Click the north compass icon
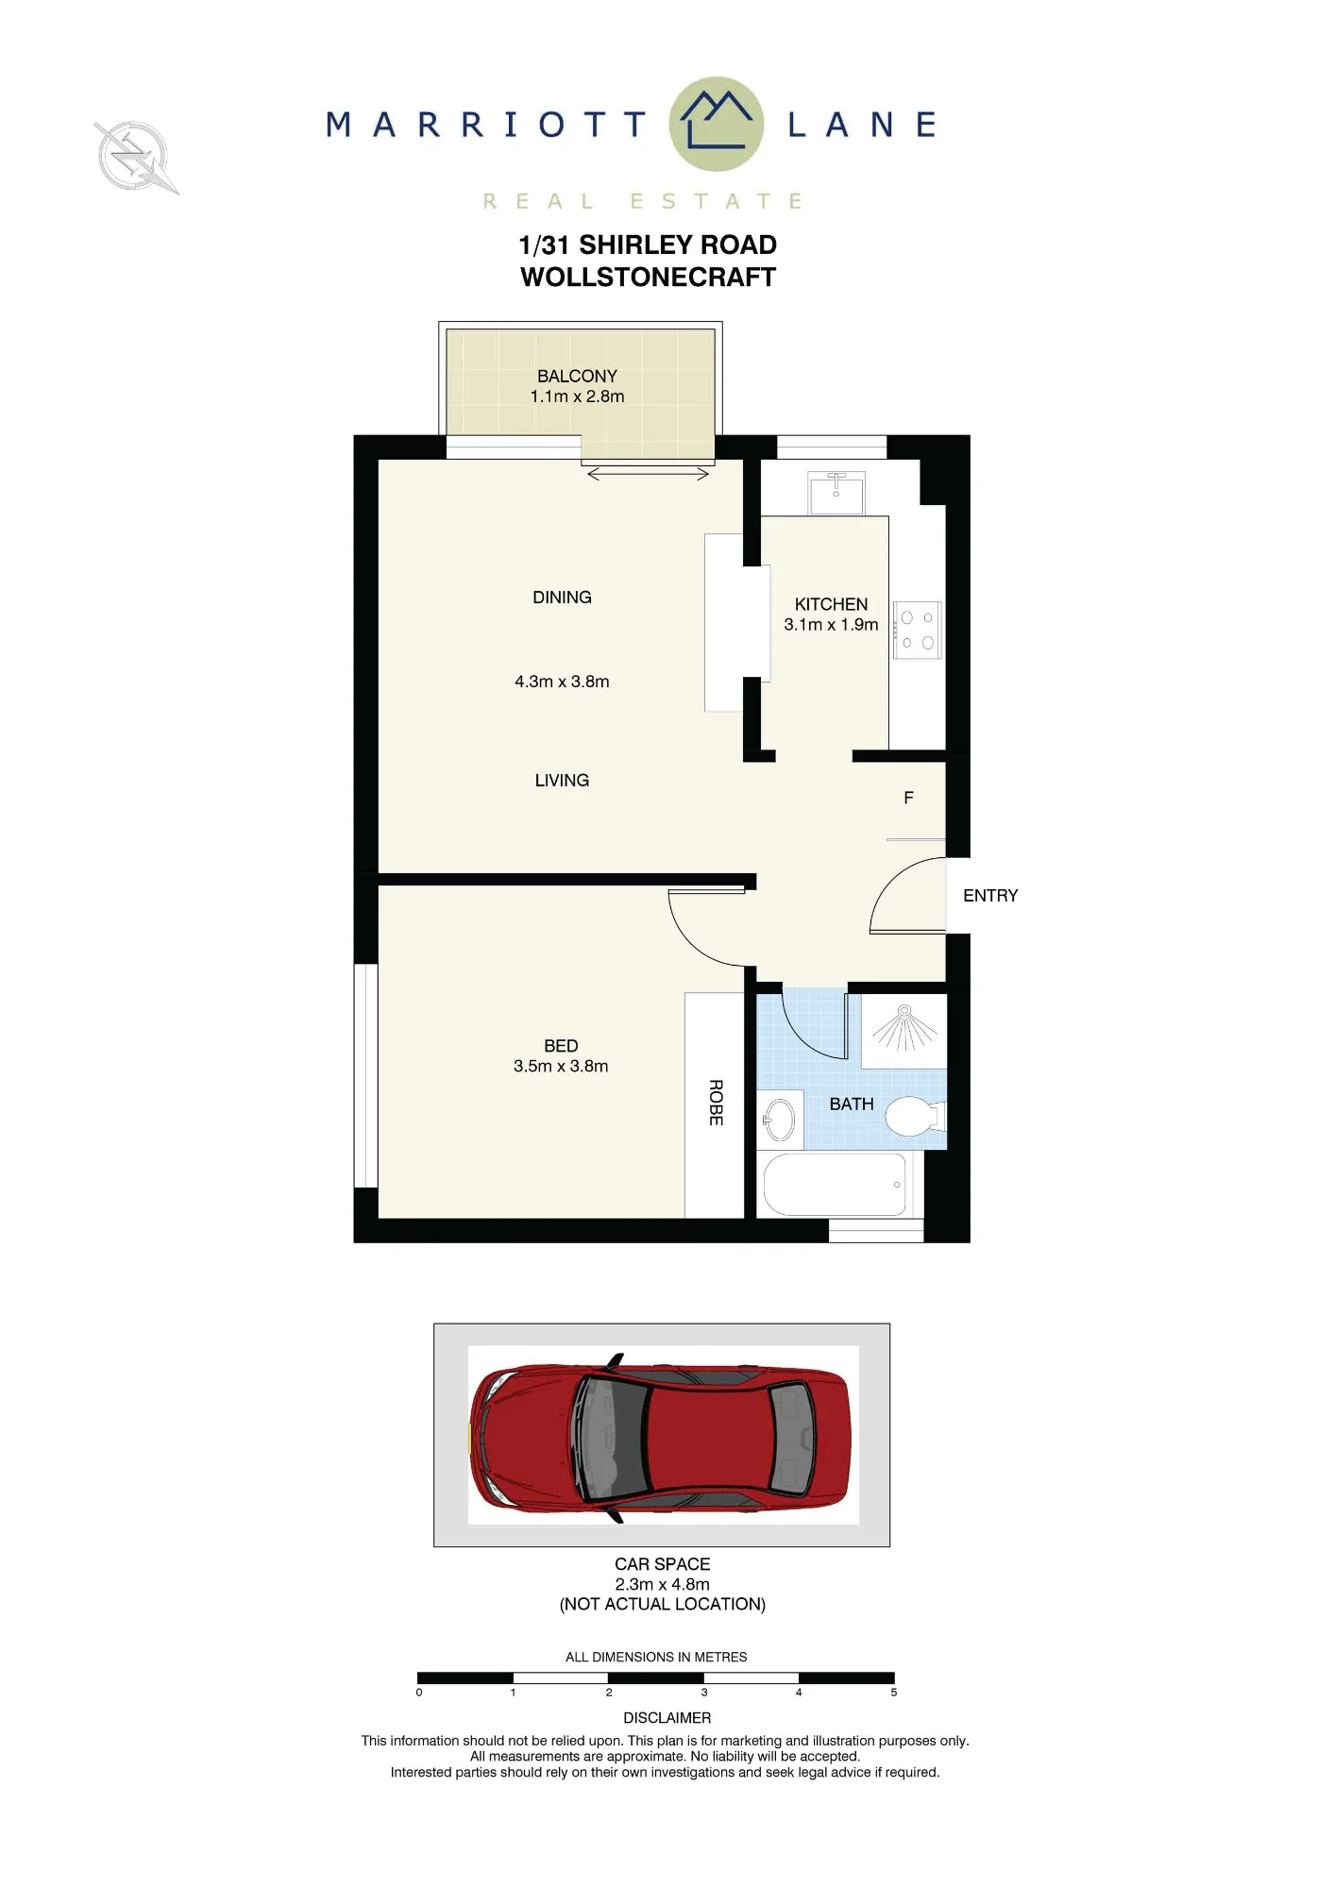[136, 157]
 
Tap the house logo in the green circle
[717, 121]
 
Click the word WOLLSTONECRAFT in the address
[648, 278]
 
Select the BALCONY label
[577, 376]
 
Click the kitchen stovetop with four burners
[917, 630]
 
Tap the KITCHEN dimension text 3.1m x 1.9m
[831, 625]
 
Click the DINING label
[562, 598]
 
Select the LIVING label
[562, 781]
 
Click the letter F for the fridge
[908, 798]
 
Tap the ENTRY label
[990, 896]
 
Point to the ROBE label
[716, 1103]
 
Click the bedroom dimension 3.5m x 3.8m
[561, 1067]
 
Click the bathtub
[835, 1185]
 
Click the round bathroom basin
[781, 1121]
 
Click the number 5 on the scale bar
[894, 1693]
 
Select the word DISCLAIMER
[667, 1718]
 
